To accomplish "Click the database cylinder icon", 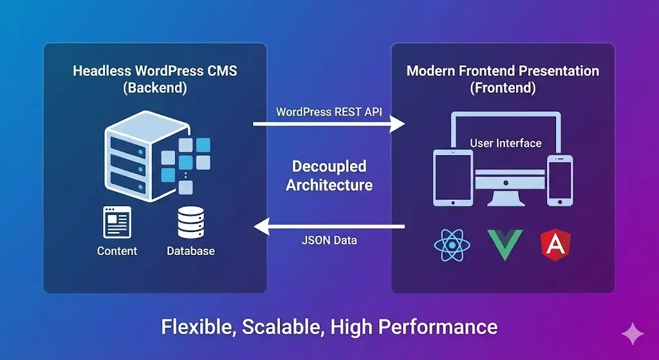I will [x=190, y=223].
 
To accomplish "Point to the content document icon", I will [x=116, y=223].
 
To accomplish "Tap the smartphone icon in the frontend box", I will [x=559, y=181].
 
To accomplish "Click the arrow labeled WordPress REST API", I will [x=329, y=123].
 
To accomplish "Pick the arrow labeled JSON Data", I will [x=329, y=226].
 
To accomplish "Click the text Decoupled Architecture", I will [x=329, y=175].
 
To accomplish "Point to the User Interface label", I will [x=506, y=143].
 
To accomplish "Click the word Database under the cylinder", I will [x=190, y=251].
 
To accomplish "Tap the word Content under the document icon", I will [x=117, y=251].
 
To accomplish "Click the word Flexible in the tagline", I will [x=198, y=327].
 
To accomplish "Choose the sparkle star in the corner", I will [x=632, y=334].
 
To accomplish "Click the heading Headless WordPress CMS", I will [x=154, y=71].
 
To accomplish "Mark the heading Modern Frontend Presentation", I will [x=503, y=71].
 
